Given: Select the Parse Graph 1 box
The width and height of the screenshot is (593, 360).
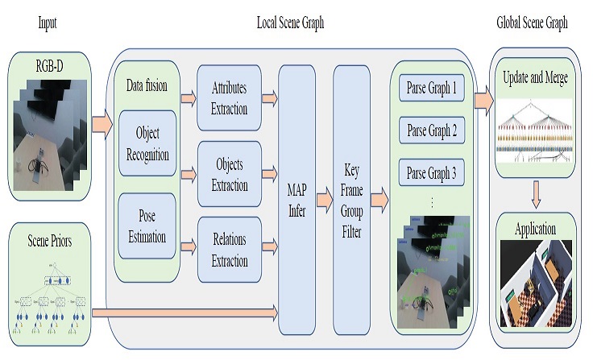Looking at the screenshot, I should (x=431, y=86).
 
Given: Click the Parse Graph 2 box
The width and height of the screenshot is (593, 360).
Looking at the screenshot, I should (x=431, y=129).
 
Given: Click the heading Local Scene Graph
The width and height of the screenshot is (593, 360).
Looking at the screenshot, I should (x=290, y=23).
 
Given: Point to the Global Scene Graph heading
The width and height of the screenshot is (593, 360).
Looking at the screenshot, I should (x=533, y=23).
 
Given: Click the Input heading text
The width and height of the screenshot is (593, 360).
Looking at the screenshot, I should (x=48, y=23).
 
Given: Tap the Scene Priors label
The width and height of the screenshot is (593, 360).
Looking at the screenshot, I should (x=48, y=240).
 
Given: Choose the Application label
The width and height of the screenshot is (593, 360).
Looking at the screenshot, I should (x=534, y=229).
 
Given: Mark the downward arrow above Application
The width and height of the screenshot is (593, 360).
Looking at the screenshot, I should (x=534, y=192).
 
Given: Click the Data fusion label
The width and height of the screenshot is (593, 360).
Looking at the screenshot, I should (x=147, y=85).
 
